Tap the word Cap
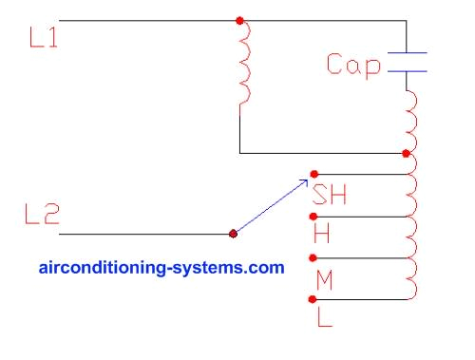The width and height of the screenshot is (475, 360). [353, 65]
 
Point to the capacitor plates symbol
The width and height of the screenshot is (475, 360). [407, 62]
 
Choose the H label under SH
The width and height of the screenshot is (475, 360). [321, 235]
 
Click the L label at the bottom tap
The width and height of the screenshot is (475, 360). [323, 317]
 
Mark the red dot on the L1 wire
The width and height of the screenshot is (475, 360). [239, 19]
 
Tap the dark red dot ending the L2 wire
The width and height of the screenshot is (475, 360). [234, 233]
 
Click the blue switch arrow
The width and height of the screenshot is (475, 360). [274, 203]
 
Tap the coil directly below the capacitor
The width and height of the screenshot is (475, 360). [410, 119]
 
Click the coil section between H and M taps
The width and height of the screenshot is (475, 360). [410, 237]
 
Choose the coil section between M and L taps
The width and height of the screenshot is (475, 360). [410, 278]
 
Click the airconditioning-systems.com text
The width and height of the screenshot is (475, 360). [161, 268]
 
